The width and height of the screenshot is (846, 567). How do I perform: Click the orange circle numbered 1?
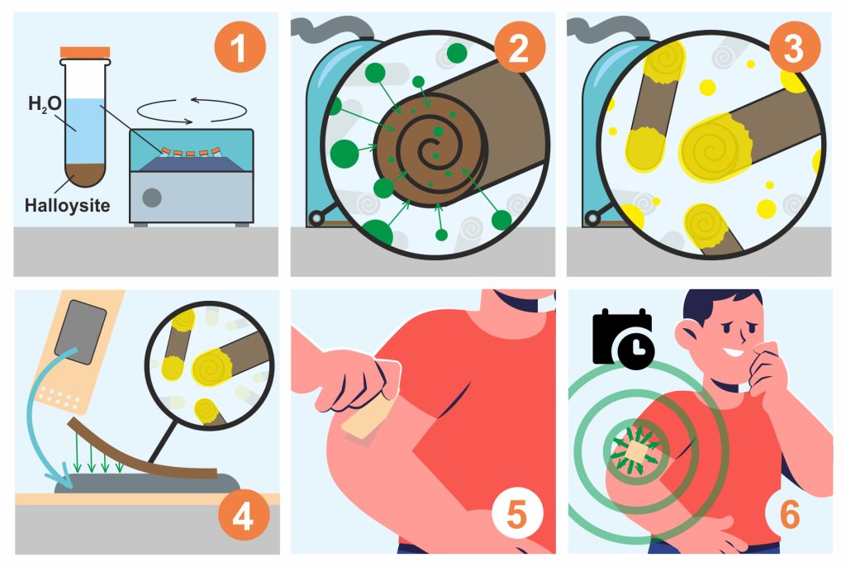(x=240, y=47)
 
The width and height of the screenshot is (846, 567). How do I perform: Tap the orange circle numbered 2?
(x=519, y=47)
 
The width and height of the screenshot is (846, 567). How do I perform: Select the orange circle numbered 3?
(x=794, y=47)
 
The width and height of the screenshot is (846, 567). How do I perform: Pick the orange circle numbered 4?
(x=244, y=515)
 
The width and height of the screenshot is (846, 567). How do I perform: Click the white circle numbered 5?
(x=517, y=515)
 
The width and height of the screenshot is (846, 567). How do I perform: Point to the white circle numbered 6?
(x=789, y=515)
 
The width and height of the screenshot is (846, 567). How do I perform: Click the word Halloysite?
(x=68, y=206)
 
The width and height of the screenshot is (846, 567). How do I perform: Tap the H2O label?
(x=45, y=103)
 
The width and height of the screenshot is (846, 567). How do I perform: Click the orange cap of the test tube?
(x=85, y=52)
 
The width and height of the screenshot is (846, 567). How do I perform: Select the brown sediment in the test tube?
(x=85, y=174)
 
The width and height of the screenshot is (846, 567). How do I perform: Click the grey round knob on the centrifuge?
(x=152, y=198)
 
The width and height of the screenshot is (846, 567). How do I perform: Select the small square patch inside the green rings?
(x=637, y=451)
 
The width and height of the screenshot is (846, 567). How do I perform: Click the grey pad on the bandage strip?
(x=81, y=331)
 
